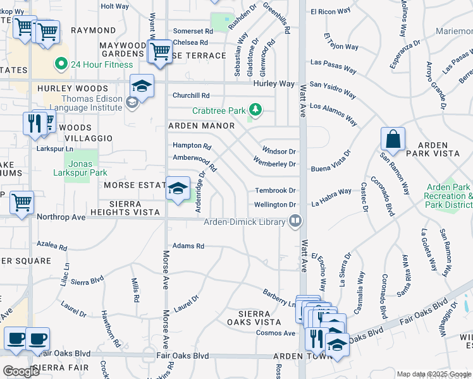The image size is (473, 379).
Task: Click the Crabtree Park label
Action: [218, 111]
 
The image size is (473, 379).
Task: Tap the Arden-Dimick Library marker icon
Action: [295, 221]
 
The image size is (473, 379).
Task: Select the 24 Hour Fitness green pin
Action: [61, 63]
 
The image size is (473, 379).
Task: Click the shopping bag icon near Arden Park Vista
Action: [393, 140]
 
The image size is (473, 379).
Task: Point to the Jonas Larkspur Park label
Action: [81, 168]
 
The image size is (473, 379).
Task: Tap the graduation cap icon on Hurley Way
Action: [142, 87]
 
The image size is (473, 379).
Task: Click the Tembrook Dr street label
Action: [275, 190]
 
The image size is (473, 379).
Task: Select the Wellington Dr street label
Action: [275, 205]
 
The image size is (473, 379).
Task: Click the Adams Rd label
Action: [188, 246]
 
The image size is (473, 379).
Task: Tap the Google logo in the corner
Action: [21, 371]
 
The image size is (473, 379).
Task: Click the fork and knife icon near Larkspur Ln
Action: [35, 123]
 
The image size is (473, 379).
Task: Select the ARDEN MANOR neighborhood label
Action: [200, 126]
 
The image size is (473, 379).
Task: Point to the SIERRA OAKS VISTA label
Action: [254, 318]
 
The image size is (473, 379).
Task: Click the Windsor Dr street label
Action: [278, 152]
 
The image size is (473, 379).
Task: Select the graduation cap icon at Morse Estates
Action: [178, 188]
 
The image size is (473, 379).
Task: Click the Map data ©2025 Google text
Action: [433, 374]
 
